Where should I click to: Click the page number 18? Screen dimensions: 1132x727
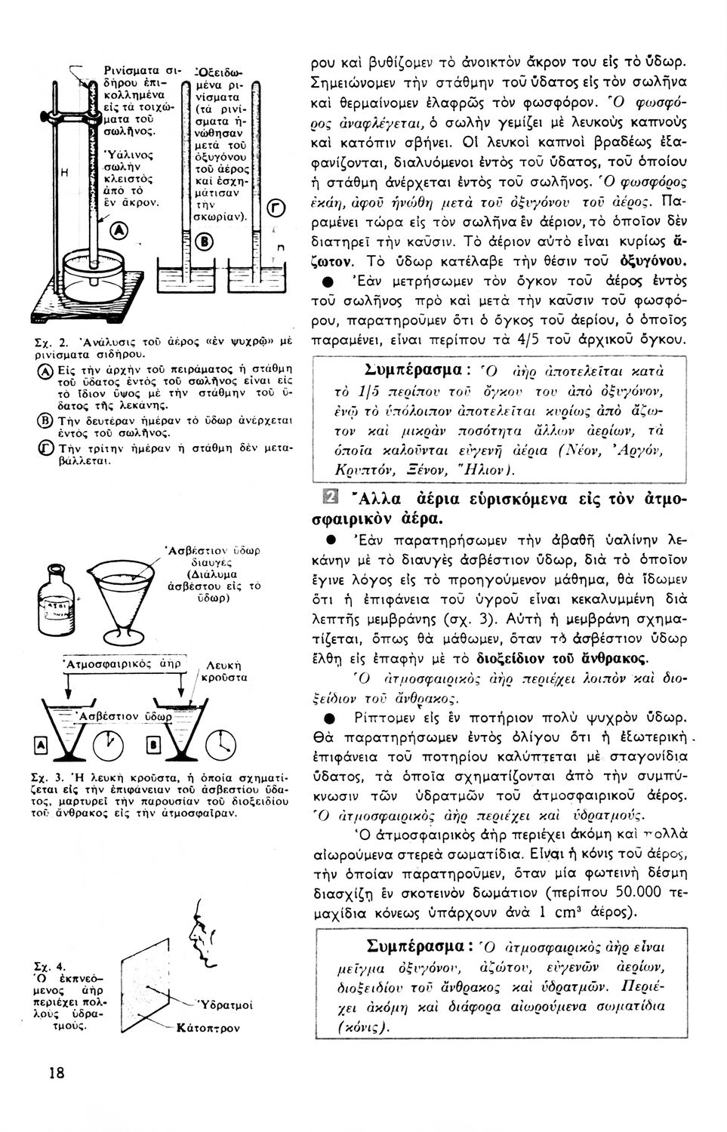57,1072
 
